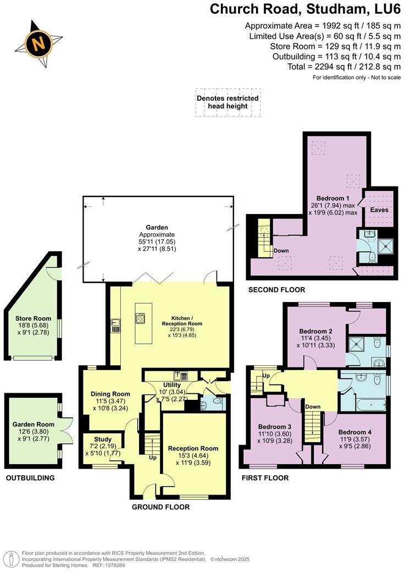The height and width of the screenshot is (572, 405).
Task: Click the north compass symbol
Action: tap(37, 42)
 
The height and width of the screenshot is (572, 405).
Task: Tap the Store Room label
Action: tap(34, 318)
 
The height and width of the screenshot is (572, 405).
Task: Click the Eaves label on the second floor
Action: tap(379, 210)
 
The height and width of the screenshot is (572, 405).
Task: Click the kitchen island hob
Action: tap(141, 319)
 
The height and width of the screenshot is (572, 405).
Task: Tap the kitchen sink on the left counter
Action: tap(116, 327)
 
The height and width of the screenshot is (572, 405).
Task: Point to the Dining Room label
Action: tap(110, 394)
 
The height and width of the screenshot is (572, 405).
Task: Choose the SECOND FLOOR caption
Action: tap(276, 290)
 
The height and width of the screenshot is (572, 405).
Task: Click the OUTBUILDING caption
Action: tap(30, 478)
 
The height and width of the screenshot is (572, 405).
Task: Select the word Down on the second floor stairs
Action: tap(281, 250)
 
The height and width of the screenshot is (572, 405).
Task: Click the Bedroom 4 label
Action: tap(355, 432)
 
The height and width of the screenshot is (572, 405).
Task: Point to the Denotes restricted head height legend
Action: tap(228, 102)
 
